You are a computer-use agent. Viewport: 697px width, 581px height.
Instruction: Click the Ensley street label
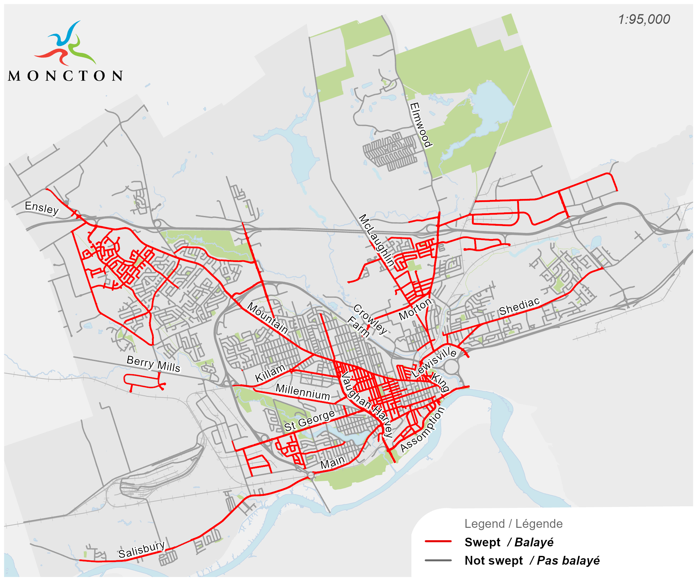pos(42,208)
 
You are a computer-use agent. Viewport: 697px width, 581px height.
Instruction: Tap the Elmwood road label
pos(421,125)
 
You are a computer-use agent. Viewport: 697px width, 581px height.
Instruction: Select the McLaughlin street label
pos(377,241)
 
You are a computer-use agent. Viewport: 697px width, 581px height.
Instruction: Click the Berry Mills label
pos(153,364)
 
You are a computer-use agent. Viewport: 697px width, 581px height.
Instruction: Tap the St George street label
pos(309,421)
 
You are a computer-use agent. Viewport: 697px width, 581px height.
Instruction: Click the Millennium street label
pos(303,392)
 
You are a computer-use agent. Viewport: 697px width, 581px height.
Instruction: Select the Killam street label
pos(270,373)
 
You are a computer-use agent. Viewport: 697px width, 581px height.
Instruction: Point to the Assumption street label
pos(422,430)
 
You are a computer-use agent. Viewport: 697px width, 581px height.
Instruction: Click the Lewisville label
pos(434,362)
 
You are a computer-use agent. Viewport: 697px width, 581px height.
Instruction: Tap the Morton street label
pos(415,309)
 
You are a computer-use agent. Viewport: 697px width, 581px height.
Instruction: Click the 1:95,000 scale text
pos(644,20)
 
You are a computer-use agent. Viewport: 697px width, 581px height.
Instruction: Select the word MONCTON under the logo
pos(66,76)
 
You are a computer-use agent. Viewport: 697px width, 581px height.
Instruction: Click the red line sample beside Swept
pos(438,542)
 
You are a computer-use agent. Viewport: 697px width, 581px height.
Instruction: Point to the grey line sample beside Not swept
pos(438,560)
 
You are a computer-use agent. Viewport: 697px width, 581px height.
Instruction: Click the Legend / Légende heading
pos(513,524)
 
